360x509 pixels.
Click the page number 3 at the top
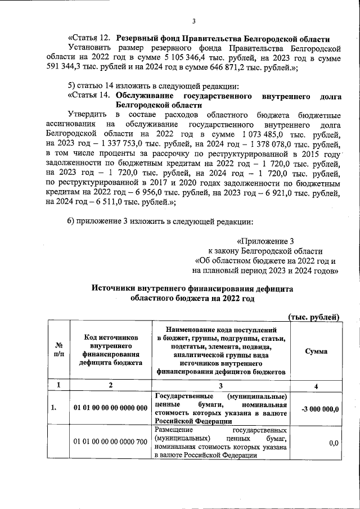[x=193, y=22]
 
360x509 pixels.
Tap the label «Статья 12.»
[x=90, y=39]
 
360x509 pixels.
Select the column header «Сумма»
[x=316, y=350]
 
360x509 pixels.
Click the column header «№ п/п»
[x=58, y=350]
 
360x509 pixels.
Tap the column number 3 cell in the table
[x=220, y=385]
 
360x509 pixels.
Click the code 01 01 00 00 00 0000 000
[x=110, y=408]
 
